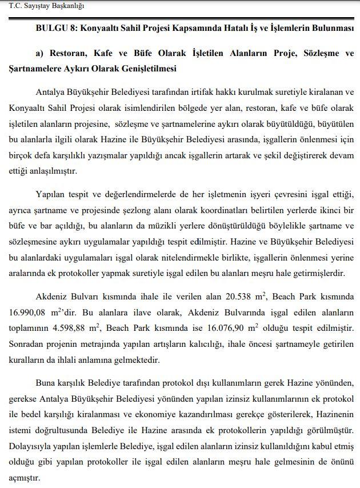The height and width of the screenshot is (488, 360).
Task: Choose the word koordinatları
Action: (x=214, y=211)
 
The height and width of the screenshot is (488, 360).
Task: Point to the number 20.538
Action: (x=242, y=296)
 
